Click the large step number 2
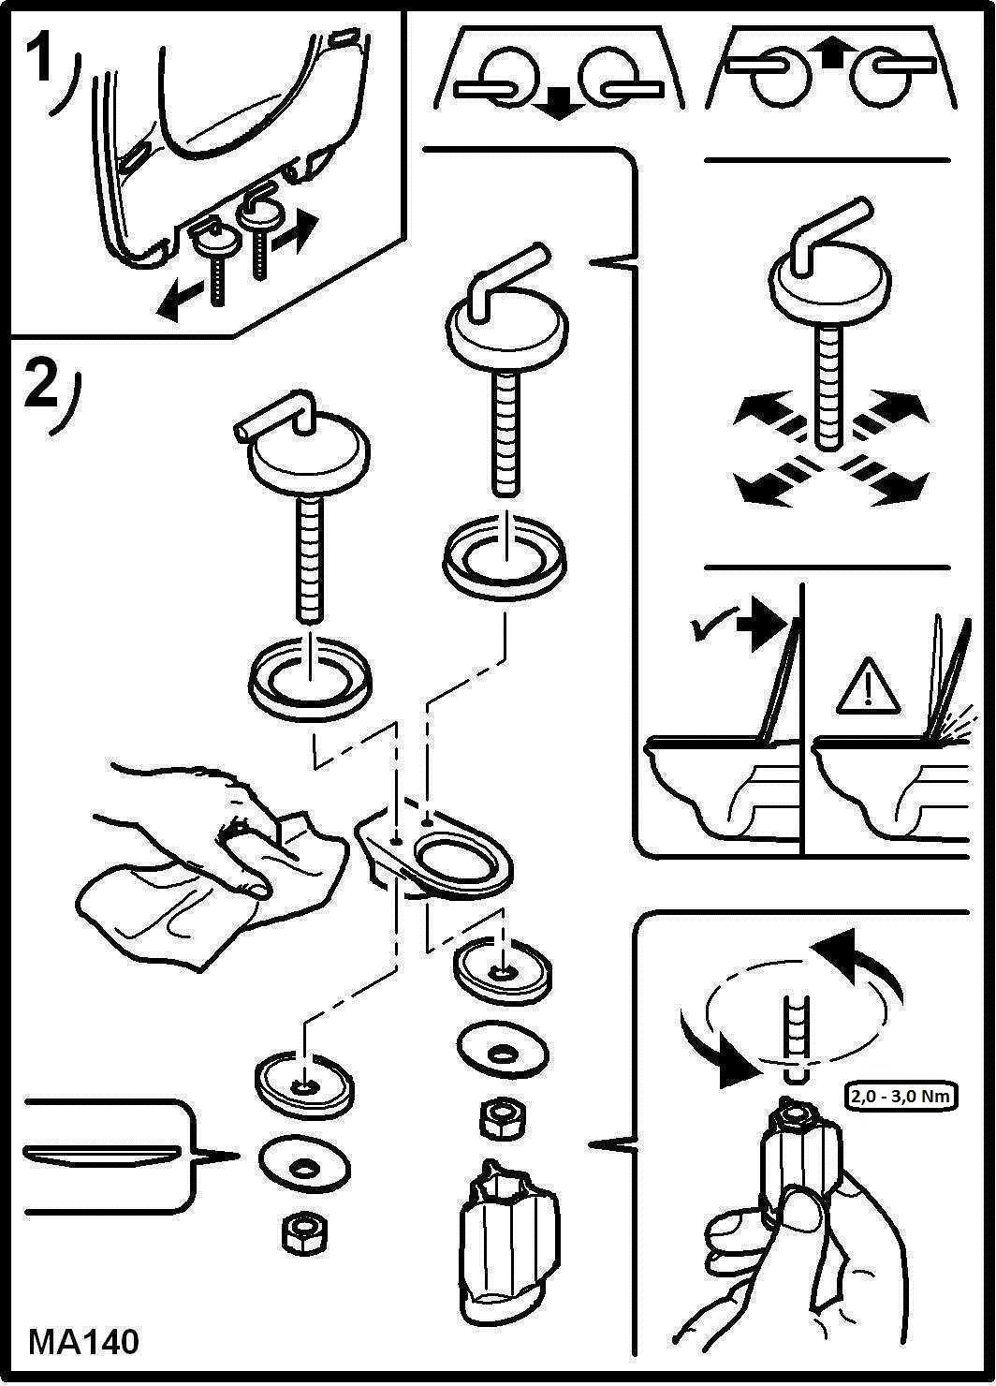(x=41, y=383)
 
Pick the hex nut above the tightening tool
(x=503, y=1117)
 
